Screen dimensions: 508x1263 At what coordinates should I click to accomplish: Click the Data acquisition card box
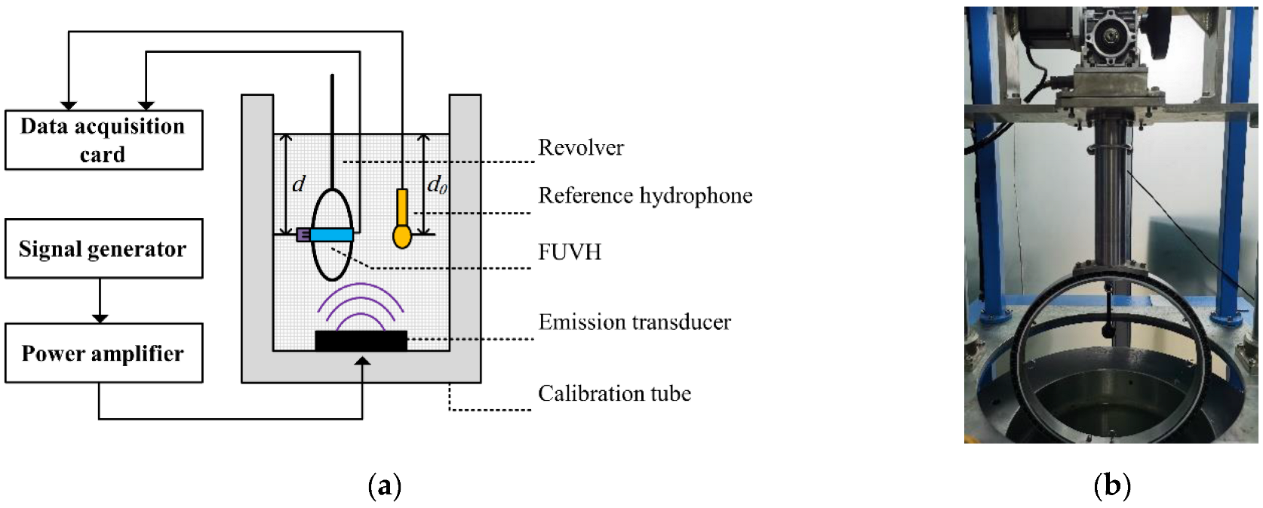point(103,140)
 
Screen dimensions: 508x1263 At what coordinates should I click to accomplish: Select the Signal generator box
point(103,248)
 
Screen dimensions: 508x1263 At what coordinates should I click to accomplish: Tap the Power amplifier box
point(103,353)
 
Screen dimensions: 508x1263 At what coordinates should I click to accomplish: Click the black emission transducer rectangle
point(361,340)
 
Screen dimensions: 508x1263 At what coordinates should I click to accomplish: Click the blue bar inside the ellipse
point(331,235)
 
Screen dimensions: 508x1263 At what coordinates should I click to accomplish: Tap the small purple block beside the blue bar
point(303,235)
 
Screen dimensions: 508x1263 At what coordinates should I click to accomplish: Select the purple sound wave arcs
point(361,306)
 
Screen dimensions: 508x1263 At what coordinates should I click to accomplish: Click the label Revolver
point(580,147)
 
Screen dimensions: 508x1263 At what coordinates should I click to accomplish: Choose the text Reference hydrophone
point(645,196)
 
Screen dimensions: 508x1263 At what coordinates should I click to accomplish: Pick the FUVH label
point(570,251)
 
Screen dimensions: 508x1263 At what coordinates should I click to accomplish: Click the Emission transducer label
point(635,322)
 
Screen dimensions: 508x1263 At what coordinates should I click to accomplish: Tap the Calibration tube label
point(614,393)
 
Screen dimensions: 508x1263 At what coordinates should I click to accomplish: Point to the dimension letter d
point(299,184)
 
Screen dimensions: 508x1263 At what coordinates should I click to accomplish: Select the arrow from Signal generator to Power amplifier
point(100,301)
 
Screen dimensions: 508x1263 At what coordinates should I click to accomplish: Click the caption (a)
point(384,485)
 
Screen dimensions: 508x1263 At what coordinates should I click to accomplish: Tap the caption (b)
point(1111,485)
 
